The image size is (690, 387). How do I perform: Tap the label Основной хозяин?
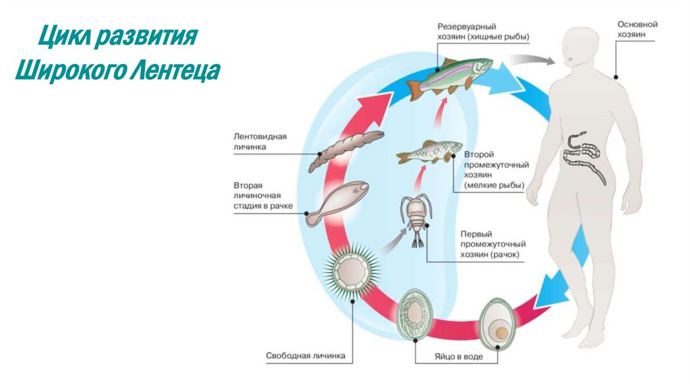click(637, 28)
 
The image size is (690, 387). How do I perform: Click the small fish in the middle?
click(430, 152)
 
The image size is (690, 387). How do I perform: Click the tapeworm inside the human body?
click(583, 157)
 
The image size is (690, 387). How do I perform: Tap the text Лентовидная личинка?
click(260, 141)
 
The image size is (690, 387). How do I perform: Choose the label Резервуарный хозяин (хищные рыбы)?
click(479, 30)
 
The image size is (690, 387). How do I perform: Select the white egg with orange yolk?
click(500, 325)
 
